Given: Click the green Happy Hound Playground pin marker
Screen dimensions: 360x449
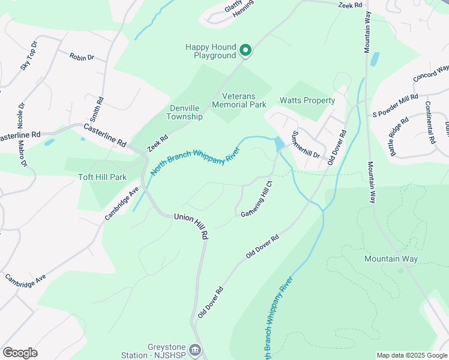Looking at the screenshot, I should pos(245,50).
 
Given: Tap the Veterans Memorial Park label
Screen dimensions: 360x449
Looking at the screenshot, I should pos(244,100).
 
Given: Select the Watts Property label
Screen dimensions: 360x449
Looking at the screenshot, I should pos(307,100).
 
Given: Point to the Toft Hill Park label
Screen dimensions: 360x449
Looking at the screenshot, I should pos(103,177).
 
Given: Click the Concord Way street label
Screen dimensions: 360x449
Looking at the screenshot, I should pos(431,74).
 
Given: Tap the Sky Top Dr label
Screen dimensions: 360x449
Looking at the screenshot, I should pos(29,55).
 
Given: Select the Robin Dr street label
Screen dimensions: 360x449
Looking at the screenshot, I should pos(82,57).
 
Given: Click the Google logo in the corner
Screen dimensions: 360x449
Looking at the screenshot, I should pos(20,353).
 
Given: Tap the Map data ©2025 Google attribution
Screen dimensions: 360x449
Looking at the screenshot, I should pos(411,355).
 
